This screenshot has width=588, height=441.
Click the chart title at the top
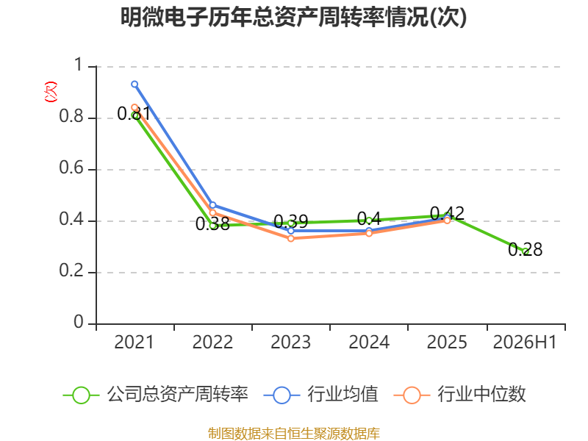tap(293, 17)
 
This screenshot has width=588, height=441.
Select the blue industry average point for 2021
tap(135, 85)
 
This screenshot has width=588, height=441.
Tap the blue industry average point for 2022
tap(212, 205)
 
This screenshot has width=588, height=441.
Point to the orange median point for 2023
tap(291, 238)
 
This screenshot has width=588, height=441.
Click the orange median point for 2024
tap(369, 233)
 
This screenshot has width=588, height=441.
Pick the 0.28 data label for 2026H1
tap(525, 249)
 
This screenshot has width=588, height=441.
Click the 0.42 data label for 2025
tap(447, 213)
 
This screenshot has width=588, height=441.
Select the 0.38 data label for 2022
tap(212, 224)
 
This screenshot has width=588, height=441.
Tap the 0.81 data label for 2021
tap(134, 113)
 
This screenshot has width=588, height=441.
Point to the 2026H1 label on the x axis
tap(525, 342)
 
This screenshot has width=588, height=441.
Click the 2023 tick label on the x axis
tap(291, 342)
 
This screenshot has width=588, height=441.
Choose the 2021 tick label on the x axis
tap(135, 342)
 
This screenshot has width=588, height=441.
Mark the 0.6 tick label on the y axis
tap(71, 168)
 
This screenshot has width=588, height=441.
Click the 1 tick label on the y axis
tap(79, 65)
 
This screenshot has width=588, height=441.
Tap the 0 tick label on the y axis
tap(79, 322)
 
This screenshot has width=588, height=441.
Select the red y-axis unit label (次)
tap(51, 92)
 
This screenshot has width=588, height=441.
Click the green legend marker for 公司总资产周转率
tap(81, 395)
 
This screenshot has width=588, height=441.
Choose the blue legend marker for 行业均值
tap(282, 395)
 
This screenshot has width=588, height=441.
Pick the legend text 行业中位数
tap(482, 394)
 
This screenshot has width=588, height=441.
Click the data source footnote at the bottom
tap(294, 434)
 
